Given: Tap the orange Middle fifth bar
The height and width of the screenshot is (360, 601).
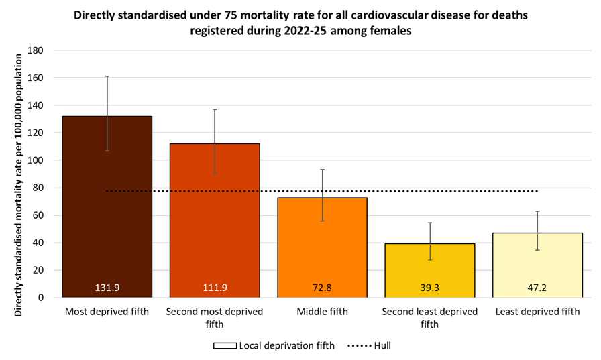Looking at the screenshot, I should pyautogui.click(x=322, y=248).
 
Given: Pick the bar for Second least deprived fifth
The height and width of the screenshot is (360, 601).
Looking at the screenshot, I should pyautogui.click(x=429, y=268).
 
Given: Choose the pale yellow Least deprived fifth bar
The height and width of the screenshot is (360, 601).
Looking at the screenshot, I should pyautogui.click(x=537, y=265).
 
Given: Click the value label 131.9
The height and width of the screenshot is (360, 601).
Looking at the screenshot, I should pyautogui.click(x=107, y=288).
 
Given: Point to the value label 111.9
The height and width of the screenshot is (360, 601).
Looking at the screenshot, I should pyautogui.click(x=215, y=288).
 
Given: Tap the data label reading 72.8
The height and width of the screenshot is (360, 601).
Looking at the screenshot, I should pyautogui.click(x=322, y=288).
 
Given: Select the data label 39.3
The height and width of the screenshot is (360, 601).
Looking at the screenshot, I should pyautogui.click(x=429, y=288).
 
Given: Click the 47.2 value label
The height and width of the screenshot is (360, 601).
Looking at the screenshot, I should pyautogui.click(x=537, y=288).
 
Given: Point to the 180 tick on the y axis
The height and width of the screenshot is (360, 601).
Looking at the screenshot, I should pyautogui.click(x=36, y=50).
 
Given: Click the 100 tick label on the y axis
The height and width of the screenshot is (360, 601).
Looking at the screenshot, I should pyautogui.click(x=36, y=160).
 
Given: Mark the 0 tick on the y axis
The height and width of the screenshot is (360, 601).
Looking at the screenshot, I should pyautogui.click(x=41, y=298).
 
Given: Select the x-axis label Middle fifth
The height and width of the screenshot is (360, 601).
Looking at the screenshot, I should pyautogui.click(x=322, y=312).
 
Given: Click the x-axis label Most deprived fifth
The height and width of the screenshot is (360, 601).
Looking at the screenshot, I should pyautogui.click(x=107, y=312).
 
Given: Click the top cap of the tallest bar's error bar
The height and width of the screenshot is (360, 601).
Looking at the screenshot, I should pyautogui.click(x=107, y=76).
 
